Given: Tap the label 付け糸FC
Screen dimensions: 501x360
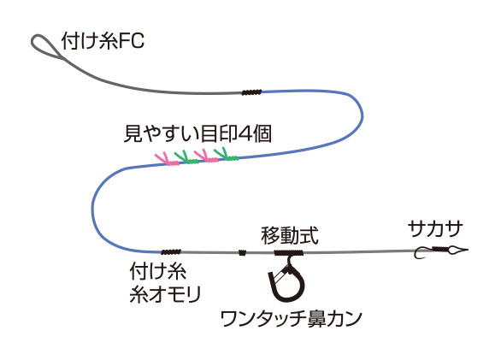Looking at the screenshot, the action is click(103, 40).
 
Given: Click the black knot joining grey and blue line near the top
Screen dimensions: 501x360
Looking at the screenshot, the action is click(251, 92).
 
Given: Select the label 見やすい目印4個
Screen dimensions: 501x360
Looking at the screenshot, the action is click(197, 133).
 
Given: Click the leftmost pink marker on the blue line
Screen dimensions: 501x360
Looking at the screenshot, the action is click(167, 159).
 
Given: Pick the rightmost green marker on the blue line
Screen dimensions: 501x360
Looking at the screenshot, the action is click(227, 154).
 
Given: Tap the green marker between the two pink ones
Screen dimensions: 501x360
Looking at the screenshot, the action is click(186, 157).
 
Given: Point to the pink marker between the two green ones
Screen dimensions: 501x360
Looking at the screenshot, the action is click(206, 156).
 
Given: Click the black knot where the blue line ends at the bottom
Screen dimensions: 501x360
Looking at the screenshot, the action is click(171, 252).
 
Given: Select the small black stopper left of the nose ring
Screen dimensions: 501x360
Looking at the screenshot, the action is click(243, 252).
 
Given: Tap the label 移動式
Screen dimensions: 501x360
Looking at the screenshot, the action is click(290, 236).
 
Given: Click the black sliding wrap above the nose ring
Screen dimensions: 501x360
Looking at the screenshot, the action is click(288, 253).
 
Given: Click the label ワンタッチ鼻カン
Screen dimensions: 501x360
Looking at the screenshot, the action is click(292, 318).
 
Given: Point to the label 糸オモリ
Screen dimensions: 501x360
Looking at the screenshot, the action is click(165, 294).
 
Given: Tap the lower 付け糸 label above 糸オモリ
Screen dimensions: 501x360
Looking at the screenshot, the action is click(158, 272).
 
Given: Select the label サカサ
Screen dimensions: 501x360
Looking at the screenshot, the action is click(435, 229).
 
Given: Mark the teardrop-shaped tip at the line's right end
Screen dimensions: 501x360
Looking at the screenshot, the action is click(457, 250).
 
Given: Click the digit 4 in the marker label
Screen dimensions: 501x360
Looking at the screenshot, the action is click(245, 133).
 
